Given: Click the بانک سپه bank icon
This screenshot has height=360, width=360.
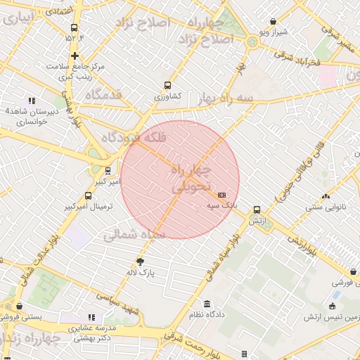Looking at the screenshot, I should click(222, 195).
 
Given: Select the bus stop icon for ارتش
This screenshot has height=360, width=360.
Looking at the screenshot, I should click(257, 210).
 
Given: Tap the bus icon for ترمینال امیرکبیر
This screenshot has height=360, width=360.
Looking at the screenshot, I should click(88, 195).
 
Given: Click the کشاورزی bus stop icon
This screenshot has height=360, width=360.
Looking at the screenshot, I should click(167, 84).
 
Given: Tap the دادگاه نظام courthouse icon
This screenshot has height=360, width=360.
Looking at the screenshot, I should click(207, 304).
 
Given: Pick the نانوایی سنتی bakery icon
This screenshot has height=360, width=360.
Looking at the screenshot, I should click(325, 196).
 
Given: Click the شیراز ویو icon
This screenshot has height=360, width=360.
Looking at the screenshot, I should click(273, 22).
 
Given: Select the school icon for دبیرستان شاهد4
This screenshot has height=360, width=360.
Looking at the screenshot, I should click(31, 101).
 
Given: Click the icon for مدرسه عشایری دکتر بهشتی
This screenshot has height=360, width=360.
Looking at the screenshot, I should click(91, 317).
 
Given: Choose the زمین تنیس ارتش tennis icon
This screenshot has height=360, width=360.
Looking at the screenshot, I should click(335, 307).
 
